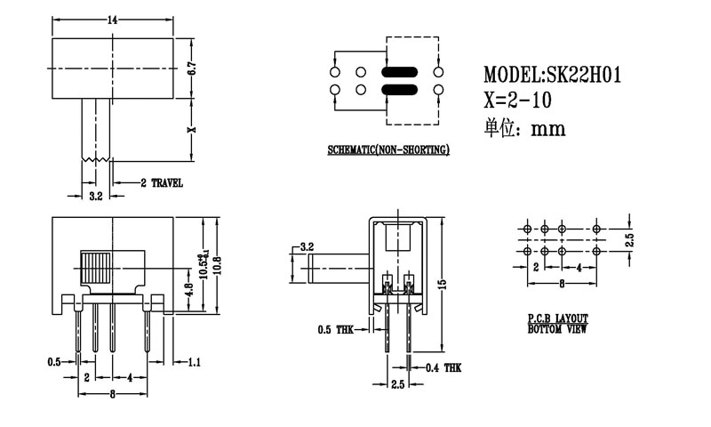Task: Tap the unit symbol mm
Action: (548, 129)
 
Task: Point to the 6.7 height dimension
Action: (192, 68)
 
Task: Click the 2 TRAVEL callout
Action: (162, 182)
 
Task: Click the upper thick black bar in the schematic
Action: (398, 72)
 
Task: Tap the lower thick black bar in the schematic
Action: (398, 89)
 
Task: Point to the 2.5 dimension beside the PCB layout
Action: (628, 240)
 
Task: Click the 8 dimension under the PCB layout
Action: (562, 285)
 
